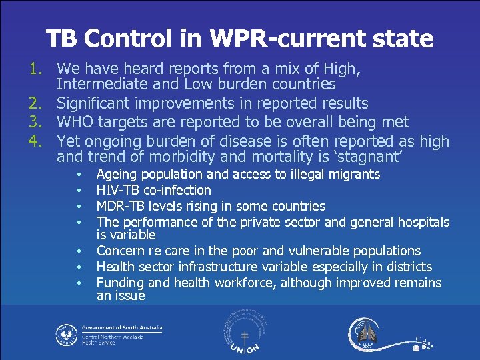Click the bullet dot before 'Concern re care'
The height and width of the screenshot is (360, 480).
pyautogui.click(x=79, y=252)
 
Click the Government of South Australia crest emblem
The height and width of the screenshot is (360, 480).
pyautogui.click(x=65, y=333)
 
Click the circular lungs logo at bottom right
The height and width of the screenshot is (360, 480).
pyautogui.click(x=366, y=333)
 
